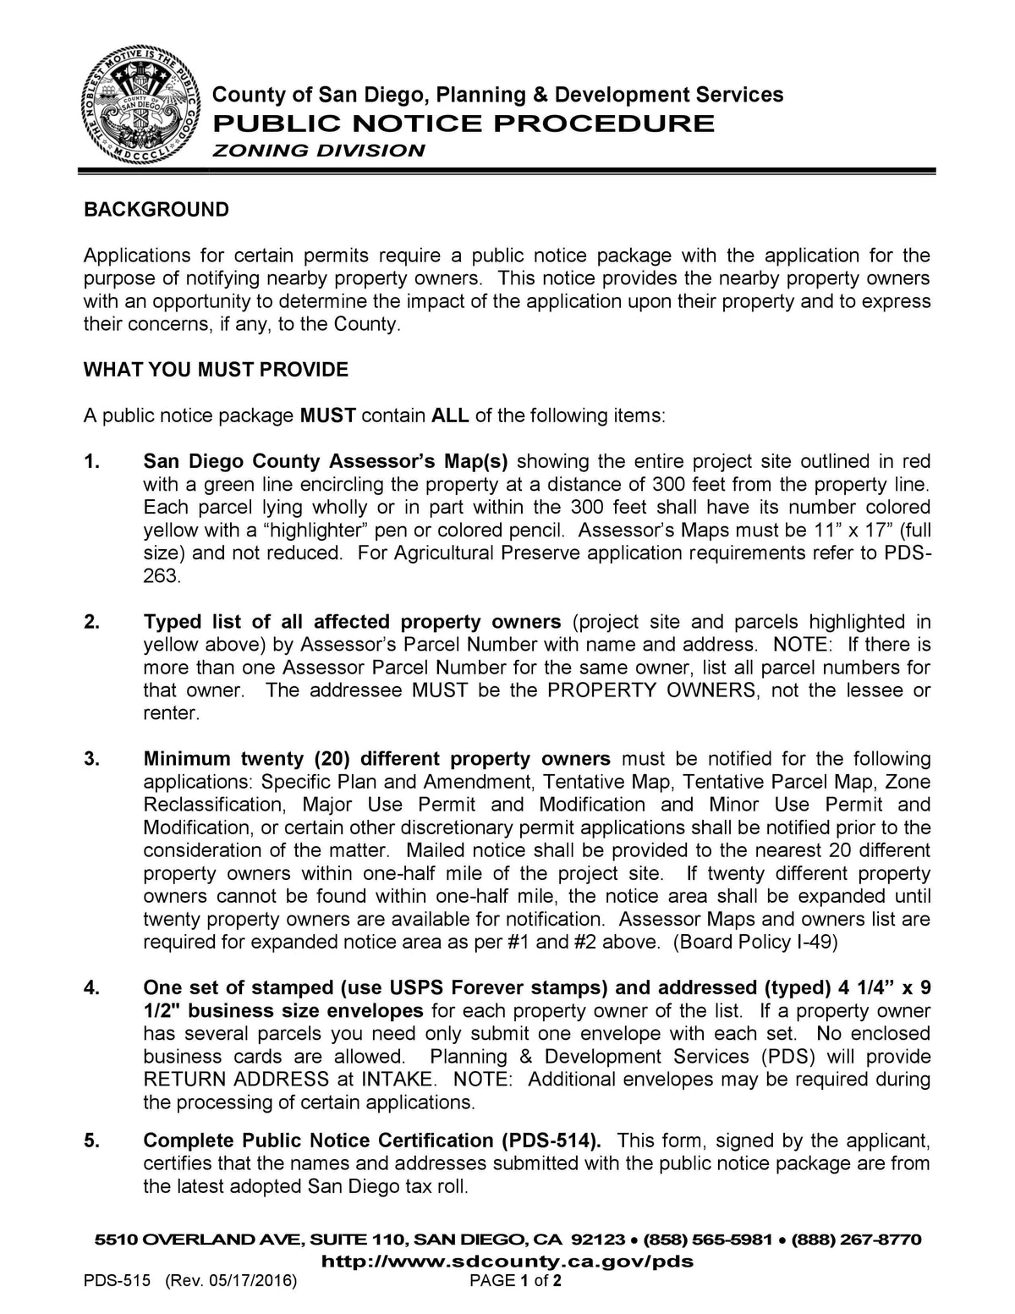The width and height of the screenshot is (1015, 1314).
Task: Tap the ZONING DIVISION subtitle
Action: point(318,151)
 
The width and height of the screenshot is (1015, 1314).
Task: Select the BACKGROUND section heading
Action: point(156,210)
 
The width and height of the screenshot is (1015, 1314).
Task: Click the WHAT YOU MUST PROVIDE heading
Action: point(216,370)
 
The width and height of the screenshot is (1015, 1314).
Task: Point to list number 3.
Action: point(91,759)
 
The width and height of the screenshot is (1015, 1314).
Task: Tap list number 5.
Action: point(91,1141)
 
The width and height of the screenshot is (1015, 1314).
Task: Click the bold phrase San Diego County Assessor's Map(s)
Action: point(326,462)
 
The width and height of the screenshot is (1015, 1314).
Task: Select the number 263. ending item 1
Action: point(161,576)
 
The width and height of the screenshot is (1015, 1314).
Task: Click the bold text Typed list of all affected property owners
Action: point(352,622)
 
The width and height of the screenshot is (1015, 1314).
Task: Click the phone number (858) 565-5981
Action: point(708,1240)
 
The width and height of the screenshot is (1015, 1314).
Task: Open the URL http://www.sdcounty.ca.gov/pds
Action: point(509,1262)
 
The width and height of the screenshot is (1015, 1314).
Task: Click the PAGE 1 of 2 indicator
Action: point(516,1281)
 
